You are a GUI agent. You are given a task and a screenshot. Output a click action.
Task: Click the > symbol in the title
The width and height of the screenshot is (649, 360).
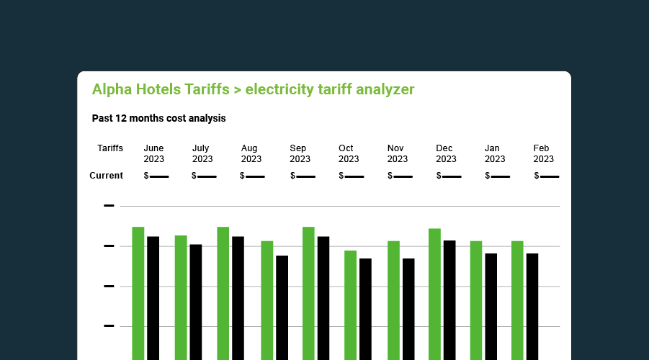pyautogui.click(x=236, y=89)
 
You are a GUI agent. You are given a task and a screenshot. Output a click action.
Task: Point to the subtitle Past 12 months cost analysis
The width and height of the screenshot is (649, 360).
pyautogui.click(x=159, y=118)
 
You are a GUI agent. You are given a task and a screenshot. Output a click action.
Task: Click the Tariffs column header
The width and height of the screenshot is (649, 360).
pyautogui.click(x=110, y=148)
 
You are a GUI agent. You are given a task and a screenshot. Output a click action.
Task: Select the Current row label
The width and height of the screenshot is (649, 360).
pyautogui.click(x=106, y=176)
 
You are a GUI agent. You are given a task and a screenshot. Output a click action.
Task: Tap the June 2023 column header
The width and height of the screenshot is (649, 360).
pyautogui.click(x=154, y=153)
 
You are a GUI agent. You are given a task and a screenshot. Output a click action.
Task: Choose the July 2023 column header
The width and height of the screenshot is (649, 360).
pyautogui.click(x=202, y=153)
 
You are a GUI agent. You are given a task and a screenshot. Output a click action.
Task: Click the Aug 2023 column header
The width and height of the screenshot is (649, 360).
pyautogui.click(x=251, y=153)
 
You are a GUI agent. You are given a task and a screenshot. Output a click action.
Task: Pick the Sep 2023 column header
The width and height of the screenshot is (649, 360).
pyautogui.click(x=300, y=153)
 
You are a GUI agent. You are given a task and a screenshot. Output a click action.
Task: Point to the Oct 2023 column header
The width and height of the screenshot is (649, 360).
pyautogui.click(x=349, y=153)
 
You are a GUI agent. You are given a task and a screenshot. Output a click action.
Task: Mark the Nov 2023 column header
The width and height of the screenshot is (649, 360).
pyautogui.click(x=398, y=153)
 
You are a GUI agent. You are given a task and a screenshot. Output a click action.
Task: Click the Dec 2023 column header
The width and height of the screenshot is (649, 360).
pyautogui.click(x=446, y=153)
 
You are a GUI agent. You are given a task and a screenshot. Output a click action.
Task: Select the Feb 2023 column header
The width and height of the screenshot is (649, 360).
pyautogui.click(x=544, y=153)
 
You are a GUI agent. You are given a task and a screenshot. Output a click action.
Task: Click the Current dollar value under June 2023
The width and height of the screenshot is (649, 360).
pyautogui.click(x=156, y=176)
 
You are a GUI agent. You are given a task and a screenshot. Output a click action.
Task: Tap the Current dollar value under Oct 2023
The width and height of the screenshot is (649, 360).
pyautogui.click(x=352, y=176)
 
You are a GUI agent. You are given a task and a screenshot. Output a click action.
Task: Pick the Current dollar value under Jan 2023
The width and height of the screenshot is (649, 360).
pyautogui.click(x=498, y=176)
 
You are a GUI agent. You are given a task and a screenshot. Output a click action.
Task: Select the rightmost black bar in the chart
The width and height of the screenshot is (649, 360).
pyautogui.click(x=532, y=306)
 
